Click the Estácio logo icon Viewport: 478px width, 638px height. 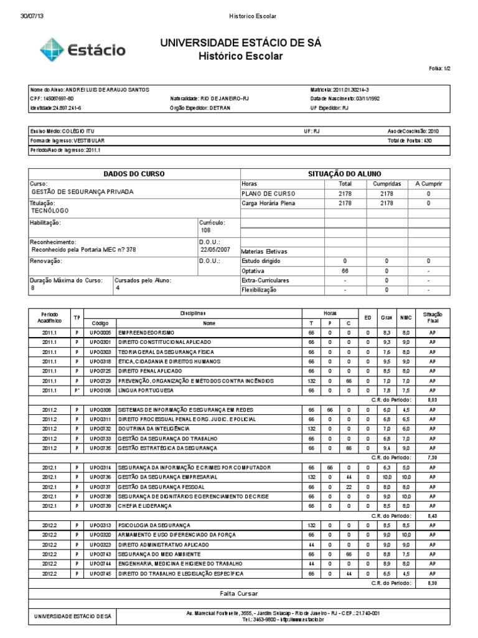click(x=51, y=49)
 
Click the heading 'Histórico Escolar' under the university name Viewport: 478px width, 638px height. click(x=240, y=56)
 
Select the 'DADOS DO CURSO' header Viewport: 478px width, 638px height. click(x=133, y=174)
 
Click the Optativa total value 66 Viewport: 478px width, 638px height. click(x=345, y=271)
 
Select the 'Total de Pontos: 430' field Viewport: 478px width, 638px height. click(x=410, y=141)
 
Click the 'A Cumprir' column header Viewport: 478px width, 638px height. click(x=428, y=184)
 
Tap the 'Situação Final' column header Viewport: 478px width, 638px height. click(x=432, y=316)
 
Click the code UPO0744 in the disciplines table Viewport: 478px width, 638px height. click(x=100, y=563)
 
